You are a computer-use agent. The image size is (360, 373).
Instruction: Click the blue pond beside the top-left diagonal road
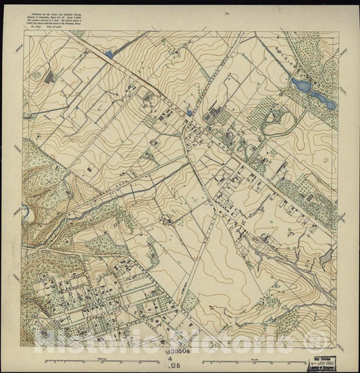109,52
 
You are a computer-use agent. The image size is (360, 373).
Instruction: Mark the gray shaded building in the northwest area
49,77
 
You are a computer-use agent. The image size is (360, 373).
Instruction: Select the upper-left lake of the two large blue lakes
298,85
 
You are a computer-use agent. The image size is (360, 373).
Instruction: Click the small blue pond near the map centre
190,113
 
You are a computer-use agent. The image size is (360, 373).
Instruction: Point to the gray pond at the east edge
326,257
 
